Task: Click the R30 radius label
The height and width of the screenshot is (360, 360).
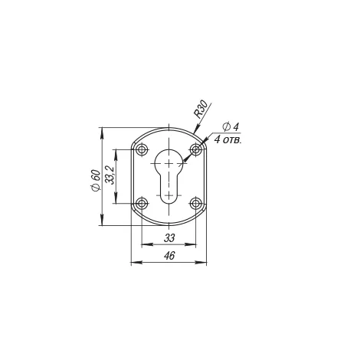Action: pos(201,110)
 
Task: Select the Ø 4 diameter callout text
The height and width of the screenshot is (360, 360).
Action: pos(231,127)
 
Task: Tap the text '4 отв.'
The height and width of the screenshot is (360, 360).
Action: pos(227,140)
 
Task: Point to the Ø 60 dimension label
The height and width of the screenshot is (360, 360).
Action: pos(95,180)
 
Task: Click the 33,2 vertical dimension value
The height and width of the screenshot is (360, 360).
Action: pos(110,175)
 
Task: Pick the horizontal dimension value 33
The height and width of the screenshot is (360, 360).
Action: pos(169,238)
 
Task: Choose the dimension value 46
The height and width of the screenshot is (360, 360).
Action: pos(169,256)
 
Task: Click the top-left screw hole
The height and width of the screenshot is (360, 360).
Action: pos(142,149)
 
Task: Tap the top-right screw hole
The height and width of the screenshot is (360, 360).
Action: pos(196,149)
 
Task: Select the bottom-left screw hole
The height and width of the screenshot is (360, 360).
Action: pos(142,204)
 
